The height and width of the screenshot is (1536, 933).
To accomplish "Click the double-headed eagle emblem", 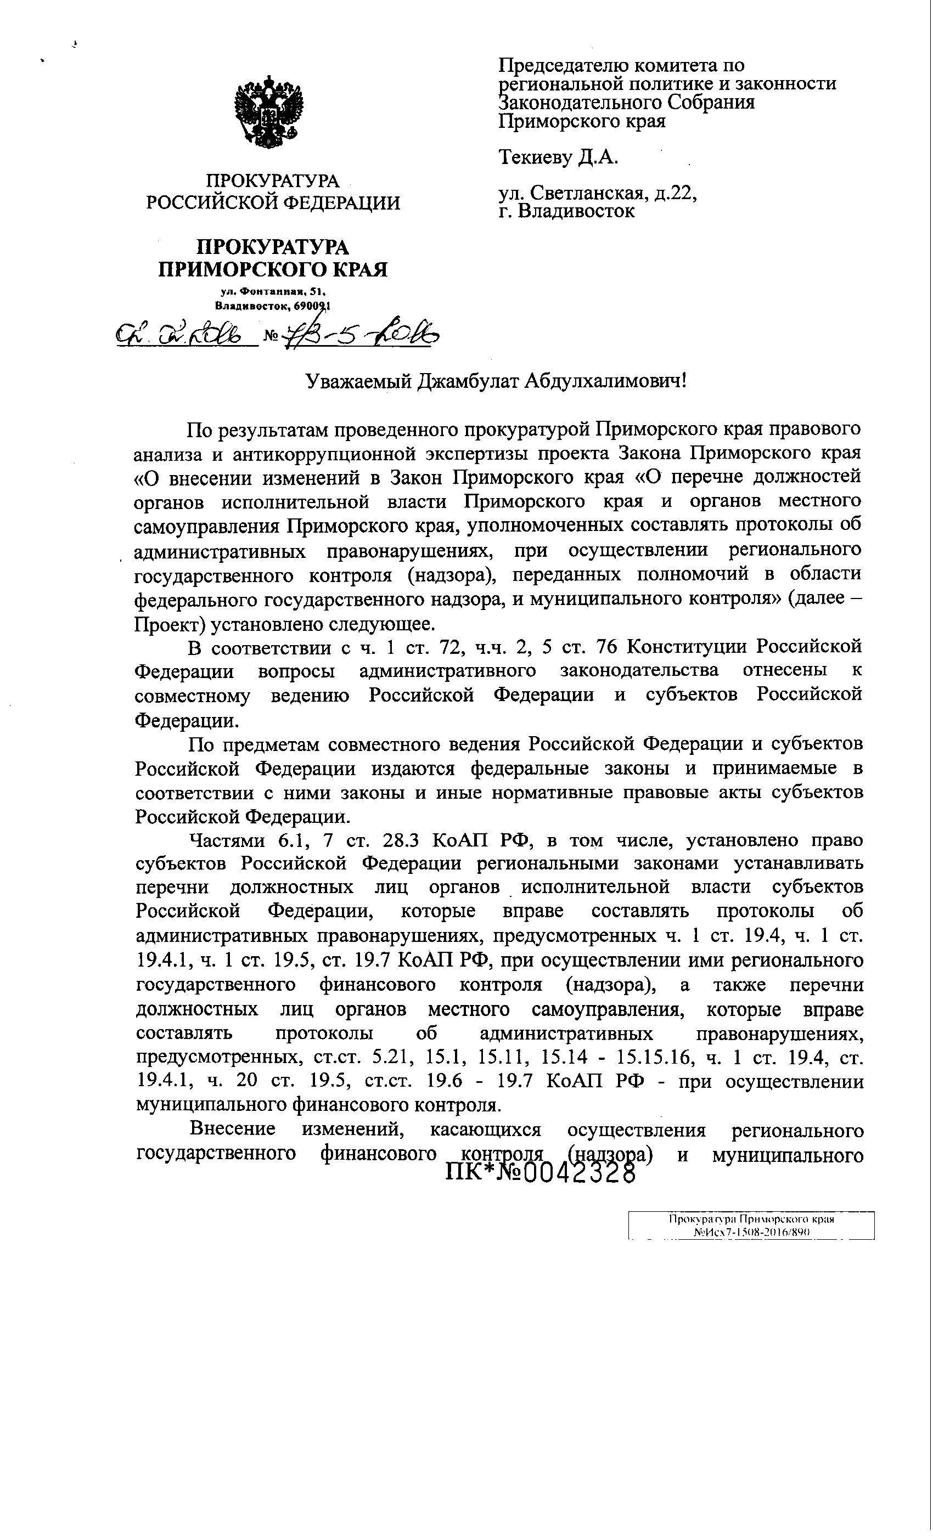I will coord(269,112).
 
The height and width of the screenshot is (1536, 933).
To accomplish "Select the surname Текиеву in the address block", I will coord(536,157).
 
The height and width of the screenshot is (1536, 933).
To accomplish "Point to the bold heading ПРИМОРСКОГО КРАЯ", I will coord(273,269).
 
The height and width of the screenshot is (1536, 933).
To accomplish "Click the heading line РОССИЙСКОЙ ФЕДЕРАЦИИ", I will coord(273,202).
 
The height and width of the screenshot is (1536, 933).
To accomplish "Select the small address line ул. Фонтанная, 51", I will coord(273,292).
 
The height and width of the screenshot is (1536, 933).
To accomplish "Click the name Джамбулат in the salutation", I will coord(465,380).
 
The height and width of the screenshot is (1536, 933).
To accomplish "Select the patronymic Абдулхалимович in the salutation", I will coord(605,380).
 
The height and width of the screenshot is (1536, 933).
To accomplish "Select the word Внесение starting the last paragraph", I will coord(233,1130).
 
